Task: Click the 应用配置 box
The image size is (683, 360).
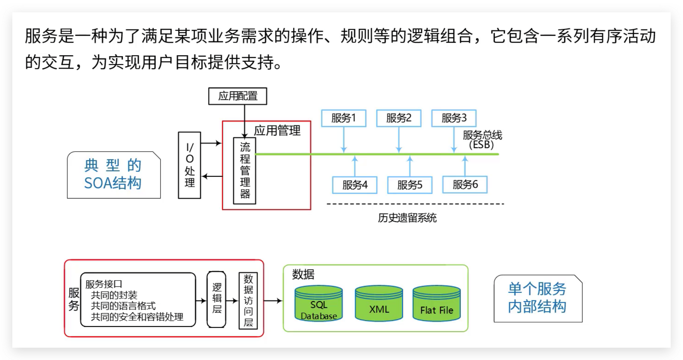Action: [x=238, y=96]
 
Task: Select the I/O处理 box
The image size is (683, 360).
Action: [x=190, y=165]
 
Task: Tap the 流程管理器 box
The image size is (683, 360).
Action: [x=245, y=171]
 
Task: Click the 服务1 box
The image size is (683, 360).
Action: [x=344, y=118]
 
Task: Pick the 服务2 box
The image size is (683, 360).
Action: [x=399, y=118]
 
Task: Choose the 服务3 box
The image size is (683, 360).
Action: [x=454, y=118]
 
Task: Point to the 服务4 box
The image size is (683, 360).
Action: [x=355, y=185]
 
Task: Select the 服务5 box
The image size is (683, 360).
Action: [x=410, y=185]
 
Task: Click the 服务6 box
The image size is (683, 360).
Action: [x=465, y=185]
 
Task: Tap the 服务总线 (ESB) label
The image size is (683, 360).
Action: [x=482, y=140]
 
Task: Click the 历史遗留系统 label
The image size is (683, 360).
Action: [x=407, y=218]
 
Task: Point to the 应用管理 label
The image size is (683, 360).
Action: [x=277, y=131]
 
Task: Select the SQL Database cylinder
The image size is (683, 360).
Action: [x=318, y=304]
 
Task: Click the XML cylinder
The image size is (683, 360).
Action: [x=379, y=304]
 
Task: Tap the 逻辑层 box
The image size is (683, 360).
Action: [x=217, y=299]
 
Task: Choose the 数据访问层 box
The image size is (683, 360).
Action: [x=248, y=301]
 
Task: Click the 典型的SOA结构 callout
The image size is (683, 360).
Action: [x=114, y=175]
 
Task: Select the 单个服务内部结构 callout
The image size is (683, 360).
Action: [x=538, y=298]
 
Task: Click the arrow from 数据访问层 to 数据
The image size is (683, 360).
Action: [x=273, y=301]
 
